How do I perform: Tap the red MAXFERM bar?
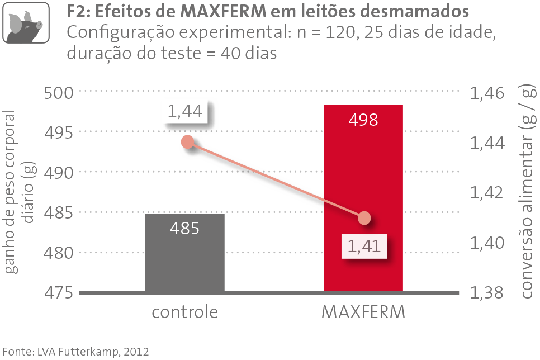[x=363, y=168]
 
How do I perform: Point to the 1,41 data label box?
[x=364, y=247]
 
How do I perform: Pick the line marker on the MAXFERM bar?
[x=364, y=217]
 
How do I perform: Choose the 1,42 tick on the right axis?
[x=488, y=193]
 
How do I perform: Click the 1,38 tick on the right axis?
[x=488, y=292]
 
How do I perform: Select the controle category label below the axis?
[x=184, y=312]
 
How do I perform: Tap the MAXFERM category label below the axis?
[x=363, y=312]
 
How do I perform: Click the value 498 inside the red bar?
[x=363, y=119]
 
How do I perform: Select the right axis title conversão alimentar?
[x=525, y=190]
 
